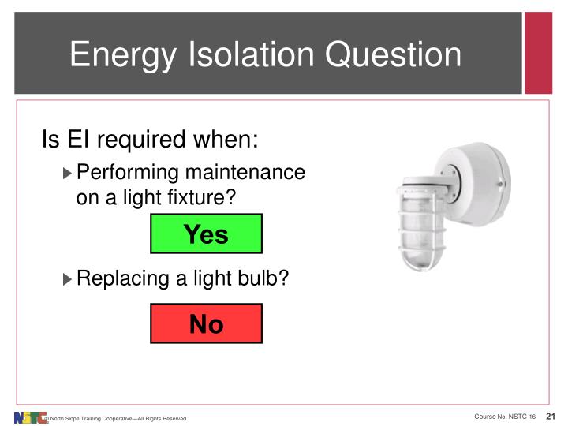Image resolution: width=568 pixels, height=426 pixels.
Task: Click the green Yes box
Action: [x=206, y=234]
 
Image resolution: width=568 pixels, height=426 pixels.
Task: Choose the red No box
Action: [x=206, y=323]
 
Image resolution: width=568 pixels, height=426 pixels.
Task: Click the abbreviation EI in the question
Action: [x=80, y=140]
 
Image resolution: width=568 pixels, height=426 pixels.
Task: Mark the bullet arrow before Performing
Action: [x=66, y=173]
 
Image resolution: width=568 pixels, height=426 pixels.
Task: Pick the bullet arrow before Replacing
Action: [x=66, y=278]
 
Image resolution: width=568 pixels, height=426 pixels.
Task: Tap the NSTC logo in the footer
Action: [x=30, y=417]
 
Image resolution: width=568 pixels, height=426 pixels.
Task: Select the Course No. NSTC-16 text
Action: [x=505, y=417]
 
